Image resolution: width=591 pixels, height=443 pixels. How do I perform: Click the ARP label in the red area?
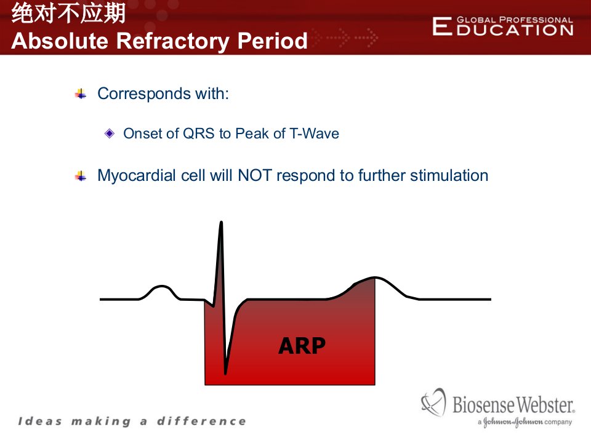302,345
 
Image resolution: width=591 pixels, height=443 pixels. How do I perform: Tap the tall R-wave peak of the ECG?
221,223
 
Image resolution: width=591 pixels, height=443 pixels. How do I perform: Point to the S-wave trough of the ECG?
225,373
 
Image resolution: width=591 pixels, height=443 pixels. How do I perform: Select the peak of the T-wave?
374,277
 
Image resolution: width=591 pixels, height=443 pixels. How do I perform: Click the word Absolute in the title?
60,41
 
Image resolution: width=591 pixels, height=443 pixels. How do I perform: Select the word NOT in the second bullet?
255,175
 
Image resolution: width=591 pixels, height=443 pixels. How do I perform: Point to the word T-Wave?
314,134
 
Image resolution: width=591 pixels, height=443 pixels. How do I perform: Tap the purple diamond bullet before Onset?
110,134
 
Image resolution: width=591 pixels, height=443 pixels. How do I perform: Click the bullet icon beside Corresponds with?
81,94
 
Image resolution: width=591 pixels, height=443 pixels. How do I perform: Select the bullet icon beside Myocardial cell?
81,176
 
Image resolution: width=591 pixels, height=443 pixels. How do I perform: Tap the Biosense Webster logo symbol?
433,402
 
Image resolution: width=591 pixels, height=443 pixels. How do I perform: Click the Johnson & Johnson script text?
513,422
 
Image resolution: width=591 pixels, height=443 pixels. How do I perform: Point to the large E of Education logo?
442,26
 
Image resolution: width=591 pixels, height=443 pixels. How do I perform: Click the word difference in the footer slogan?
201,421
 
